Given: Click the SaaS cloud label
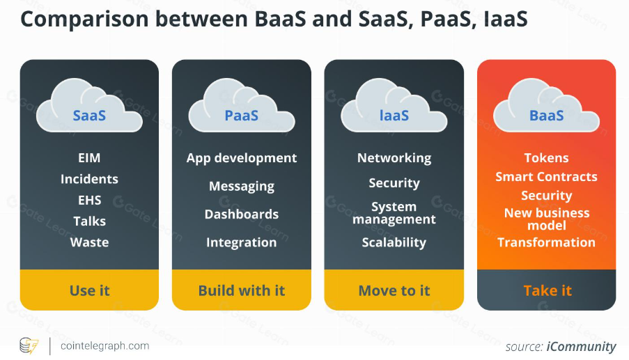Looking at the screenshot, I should [x=89, y=115].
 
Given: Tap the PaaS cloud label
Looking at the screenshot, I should [x=242, y=115].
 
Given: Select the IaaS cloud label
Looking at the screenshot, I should [x=394, y=115].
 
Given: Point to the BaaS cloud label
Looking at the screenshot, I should [x=547, y=115].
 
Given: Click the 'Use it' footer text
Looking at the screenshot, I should [x=89, y=290].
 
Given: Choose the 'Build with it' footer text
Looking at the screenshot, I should [x=242, y=290].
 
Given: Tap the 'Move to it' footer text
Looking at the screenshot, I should [x=394, y=290].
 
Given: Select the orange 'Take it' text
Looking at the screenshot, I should [x=547, y=290].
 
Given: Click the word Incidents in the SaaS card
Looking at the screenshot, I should [x=89, y=179].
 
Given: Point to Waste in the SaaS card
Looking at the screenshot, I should [x=89, y=242].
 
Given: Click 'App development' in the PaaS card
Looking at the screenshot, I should [x=242, y=158].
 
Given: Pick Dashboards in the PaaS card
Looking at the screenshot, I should [x=242, y=214].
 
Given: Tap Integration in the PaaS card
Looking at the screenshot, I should [x=242, y=242].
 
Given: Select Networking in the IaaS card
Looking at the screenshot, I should [x=394, y=158].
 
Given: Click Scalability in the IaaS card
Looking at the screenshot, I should [x=394, y=242].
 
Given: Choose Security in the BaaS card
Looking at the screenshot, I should [x=547, y=196].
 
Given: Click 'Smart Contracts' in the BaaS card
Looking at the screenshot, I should [x=547, y=177].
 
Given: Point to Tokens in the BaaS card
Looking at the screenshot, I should [x=547, y=158].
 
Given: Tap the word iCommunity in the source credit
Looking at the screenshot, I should [x=582, y=346].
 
